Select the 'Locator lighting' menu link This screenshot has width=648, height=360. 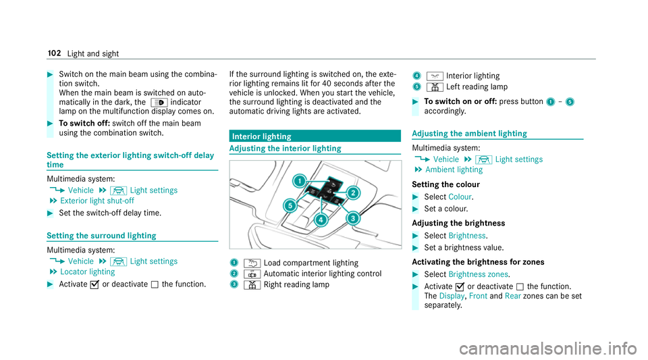(x=87, y=272)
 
